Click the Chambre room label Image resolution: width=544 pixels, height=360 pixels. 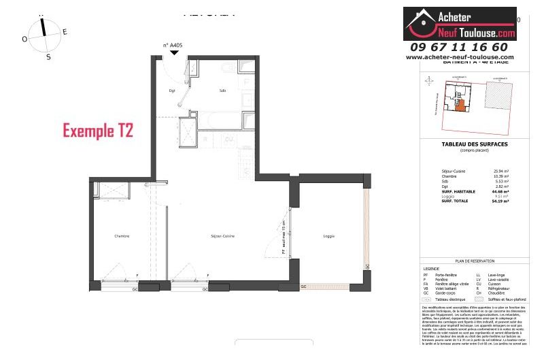coord(122,236)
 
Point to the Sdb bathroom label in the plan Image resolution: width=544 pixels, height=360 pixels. coord(222,91)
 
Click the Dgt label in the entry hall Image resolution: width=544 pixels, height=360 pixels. coord(172,91)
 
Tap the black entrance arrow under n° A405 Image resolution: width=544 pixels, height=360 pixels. coord(174,53)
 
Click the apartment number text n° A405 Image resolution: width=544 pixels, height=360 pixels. coord(173,46)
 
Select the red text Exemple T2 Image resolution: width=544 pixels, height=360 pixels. coord(97,129)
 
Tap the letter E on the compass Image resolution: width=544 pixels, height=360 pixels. coord(65,32)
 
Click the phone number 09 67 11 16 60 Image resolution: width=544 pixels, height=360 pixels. coord(459,47)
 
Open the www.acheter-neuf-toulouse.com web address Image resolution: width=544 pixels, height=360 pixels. coord(460,57)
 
